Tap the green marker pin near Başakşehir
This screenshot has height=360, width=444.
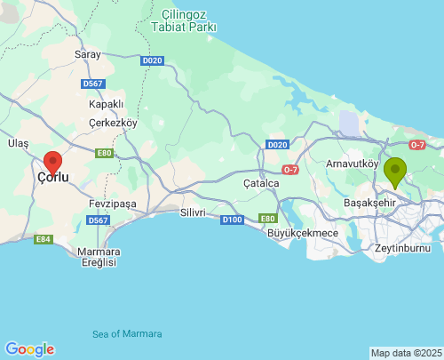click(395, 171)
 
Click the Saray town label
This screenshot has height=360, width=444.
click(88, 54)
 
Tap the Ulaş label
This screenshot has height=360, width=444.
click(18, 143)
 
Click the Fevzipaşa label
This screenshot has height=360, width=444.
click(113, 204)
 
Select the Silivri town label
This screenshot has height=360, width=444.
click(193, 212)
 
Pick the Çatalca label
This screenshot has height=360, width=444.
click(261, 183)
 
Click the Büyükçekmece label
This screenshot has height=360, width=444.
click(303, 233)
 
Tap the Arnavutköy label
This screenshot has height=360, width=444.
click(353, 164)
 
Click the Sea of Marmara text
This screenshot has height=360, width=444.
click(127, 333)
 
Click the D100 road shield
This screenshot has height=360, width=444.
click(232, 219)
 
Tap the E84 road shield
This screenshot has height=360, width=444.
click(43, 239)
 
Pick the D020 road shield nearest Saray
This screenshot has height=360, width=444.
click(152, 60)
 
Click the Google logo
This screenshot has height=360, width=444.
click(29, 348)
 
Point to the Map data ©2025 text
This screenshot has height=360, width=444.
click(405, 353)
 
